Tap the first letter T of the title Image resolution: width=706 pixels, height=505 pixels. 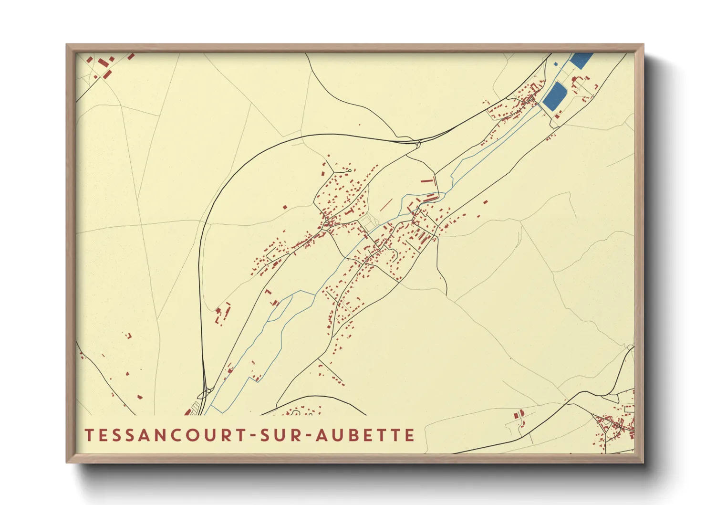(x=88, y=435)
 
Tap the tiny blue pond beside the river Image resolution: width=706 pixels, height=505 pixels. (x=555, y=63)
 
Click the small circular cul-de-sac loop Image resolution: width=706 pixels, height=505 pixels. (x=350, y=170)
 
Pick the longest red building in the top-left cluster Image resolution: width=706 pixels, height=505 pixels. (x=108, y=74)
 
